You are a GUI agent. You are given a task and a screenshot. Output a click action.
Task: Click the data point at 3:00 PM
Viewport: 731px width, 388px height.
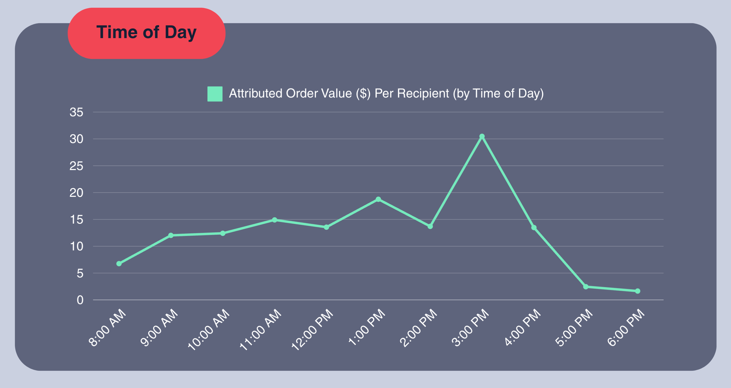pos(482,136)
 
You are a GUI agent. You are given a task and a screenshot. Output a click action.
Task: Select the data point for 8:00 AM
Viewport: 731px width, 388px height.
pos(119,264)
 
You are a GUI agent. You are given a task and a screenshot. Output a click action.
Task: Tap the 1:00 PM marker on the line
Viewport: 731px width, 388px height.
pos(378,199)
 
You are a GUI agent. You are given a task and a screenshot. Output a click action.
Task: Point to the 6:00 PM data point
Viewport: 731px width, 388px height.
pos(637,291)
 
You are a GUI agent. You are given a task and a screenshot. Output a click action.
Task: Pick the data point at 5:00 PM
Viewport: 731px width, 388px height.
pos(586,286)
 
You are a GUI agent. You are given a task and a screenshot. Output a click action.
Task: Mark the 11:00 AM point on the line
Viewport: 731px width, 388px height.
pos(274,220)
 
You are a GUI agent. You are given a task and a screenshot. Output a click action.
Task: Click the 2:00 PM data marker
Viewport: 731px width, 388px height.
pos(430,226)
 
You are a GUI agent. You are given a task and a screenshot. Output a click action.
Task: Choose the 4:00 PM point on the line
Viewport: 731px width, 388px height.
pos(534,227)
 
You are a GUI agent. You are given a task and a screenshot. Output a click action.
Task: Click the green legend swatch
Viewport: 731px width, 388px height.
pos(215,94)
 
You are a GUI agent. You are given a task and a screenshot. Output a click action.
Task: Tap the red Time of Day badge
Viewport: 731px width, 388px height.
pos(146,33)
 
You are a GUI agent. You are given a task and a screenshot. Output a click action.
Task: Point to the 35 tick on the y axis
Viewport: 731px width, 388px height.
pos(76,112)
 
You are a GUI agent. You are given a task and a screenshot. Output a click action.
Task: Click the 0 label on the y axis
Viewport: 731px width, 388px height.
pos(80,300)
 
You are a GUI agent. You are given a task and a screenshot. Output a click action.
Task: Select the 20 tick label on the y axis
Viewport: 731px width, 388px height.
pos(76,193)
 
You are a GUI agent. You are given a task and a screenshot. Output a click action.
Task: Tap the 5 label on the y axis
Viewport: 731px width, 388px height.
pos(80,273)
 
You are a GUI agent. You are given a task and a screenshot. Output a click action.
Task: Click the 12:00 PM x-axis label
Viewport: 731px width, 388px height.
pos(312,330)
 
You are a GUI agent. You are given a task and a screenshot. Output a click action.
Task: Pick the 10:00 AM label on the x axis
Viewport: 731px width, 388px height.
pos(209,330)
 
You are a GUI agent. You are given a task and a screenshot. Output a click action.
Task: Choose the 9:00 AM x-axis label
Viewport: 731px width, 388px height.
pos(159,327)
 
